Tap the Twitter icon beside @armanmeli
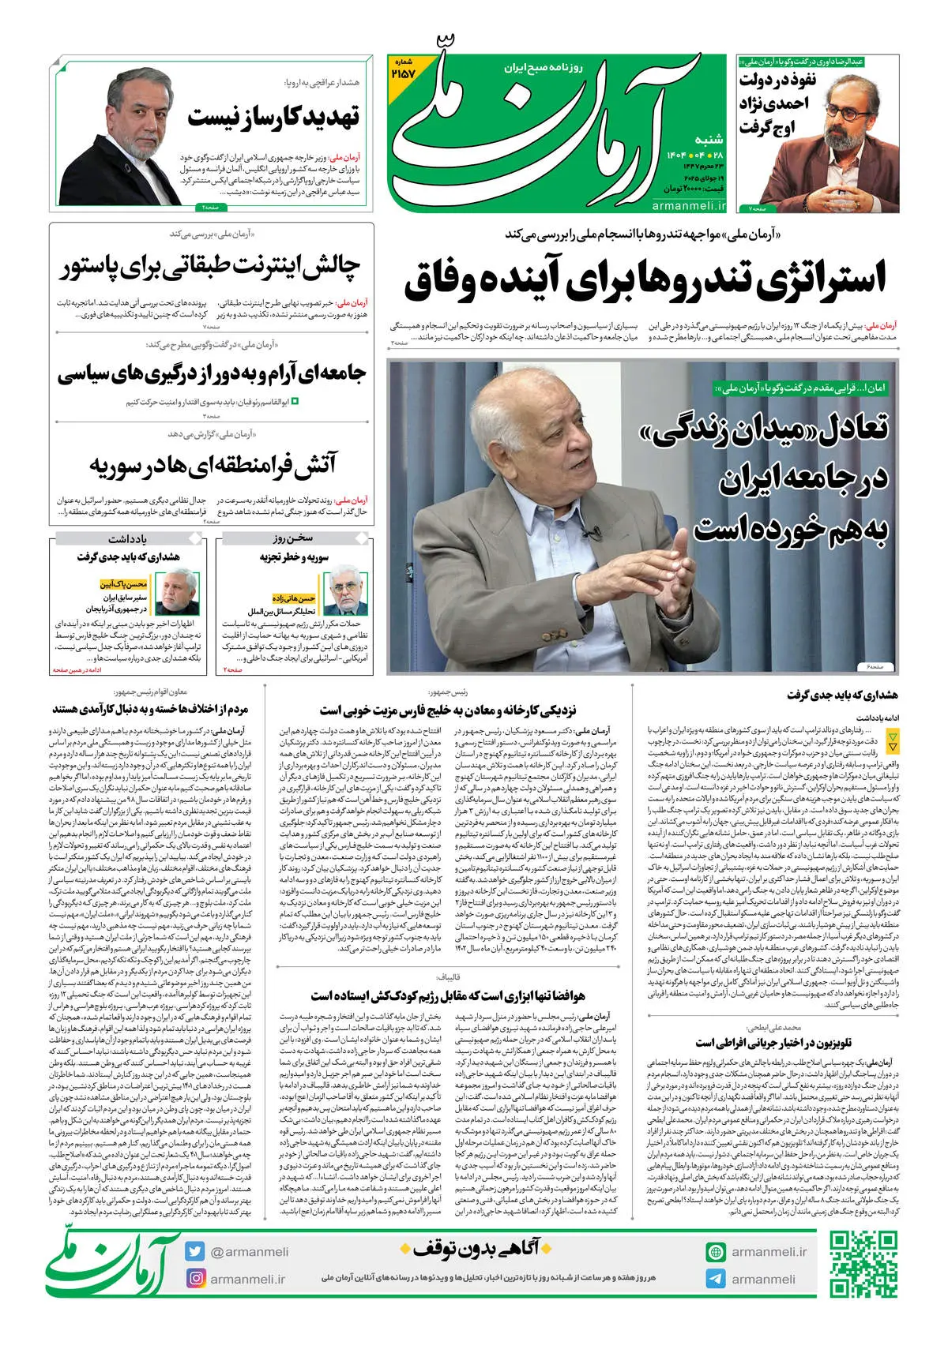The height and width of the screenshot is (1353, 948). tap(195, 1251)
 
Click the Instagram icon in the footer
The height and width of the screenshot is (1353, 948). tap(195, 1278)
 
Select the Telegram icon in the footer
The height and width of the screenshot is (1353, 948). tap(716, 1278)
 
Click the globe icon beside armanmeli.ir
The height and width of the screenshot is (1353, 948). tap(716, 1251)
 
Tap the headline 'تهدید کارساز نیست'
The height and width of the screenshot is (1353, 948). tap(273, 117)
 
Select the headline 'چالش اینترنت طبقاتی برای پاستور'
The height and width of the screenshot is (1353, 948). tap(211, 267)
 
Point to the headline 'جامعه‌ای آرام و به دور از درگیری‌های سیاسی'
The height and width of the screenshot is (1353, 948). tap(211, 373)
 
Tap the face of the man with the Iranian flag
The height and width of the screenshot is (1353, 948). tap(128, 125)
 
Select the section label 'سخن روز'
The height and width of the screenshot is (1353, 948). tap(295, 538)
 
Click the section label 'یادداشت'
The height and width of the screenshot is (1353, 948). tap(127, 538)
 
